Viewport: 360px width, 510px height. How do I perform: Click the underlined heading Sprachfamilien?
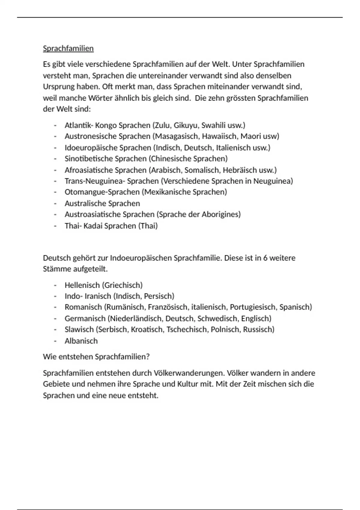[x=68, y=48]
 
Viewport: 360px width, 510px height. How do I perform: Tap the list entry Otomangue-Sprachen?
[x=102, y=192]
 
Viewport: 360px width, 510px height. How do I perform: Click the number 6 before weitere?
[x=265, y=258]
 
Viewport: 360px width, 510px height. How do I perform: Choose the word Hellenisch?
[x=82, y=285]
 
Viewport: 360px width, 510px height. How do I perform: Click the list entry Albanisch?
[x=81, y=341]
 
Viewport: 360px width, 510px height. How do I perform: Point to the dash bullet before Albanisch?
[x=55, y=341]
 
